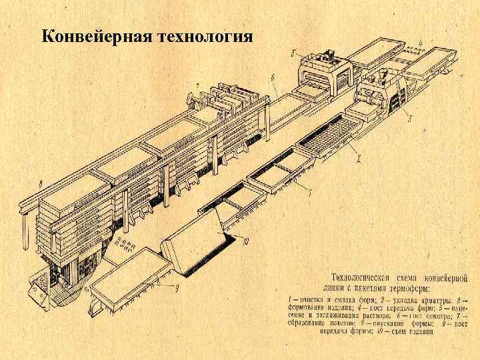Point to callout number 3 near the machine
click(x=409, y=118)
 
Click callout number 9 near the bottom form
click(x=177, y=288)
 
